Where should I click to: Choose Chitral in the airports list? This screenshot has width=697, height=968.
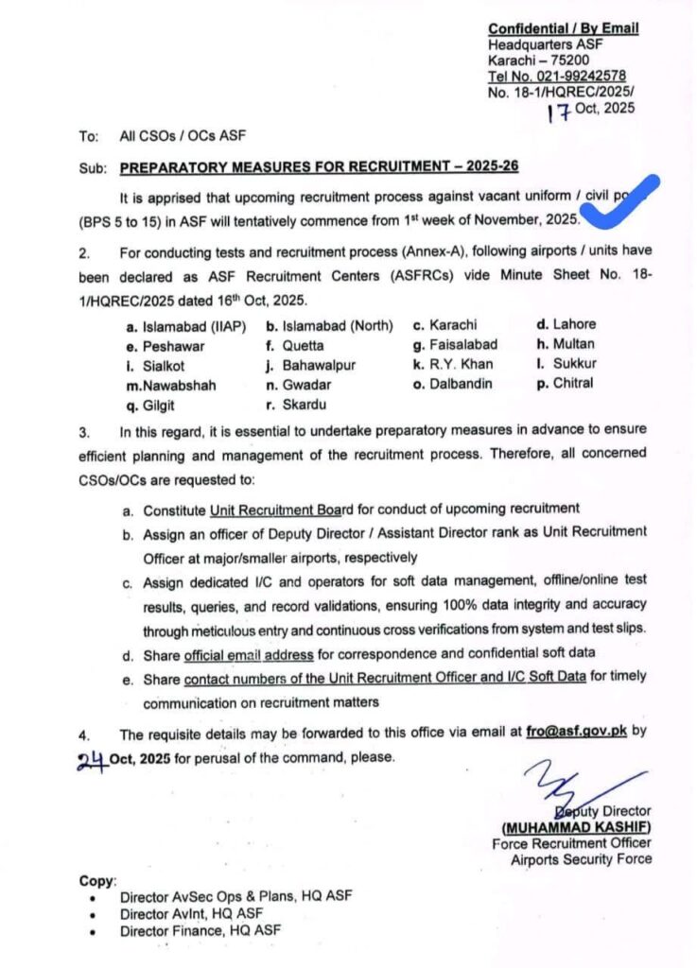[572, 383]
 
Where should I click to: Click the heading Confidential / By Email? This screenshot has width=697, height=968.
[563, 28]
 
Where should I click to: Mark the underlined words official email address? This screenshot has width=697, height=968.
[235, 653]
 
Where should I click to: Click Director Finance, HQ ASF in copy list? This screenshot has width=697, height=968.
[200, 931]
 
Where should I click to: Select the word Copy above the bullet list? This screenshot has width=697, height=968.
[97, 880]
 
